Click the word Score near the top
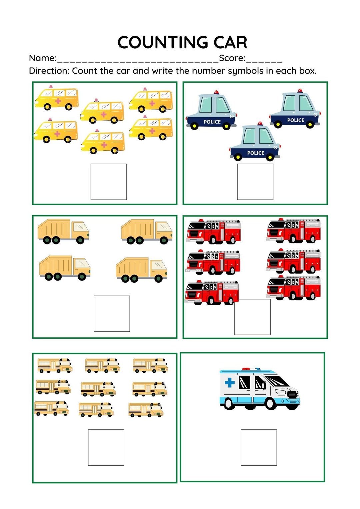tap(232, 58)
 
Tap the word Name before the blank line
tap(42, 58)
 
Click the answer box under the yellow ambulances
tap(109, 182)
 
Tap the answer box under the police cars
tap(255, 182)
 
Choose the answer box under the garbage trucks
tap(112, 313)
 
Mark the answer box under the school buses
tap(106, 447)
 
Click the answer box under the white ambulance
tap(259, 447)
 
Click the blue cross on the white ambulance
tap(230, 382)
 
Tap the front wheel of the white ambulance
tap(270, 403)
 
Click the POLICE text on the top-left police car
tap(212, 122)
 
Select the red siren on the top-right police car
tap(300, 91)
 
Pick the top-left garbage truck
tap(63, 231)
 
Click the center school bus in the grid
tap(98, 389)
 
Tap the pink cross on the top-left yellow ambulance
tap(58, 101)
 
